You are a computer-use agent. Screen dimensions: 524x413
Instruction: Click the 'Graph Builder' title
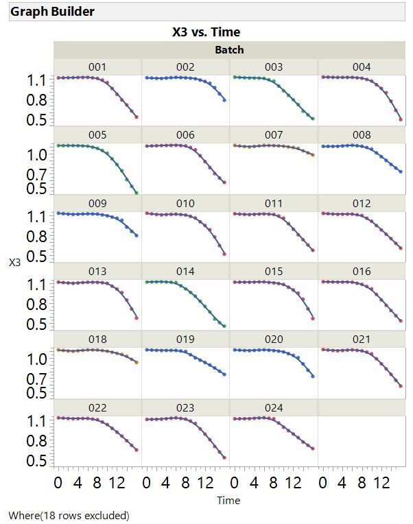tap(53, 12)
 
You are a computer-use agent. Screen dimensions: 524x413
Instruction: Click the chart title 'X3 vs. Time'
tap(206, 32)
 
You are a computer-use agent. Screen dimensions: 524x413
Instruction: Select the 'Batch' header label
tap(229, 49)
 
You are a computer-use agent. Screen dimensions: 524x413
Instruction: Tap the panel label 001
tap(97, 67)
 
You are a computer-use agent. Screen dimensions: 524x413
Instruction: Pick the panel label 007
tap(274, 135)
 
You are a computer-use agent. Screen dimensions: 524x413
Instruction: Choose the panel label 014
tap(185, 272)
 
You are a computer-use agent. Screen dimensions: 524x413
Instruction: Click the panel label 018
tap(97, 340)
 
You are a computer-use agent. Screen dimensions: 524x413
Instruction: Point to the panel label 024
tap(274, 408)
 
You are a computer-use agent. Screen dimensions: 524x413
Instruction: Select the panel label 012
tap(362, 204)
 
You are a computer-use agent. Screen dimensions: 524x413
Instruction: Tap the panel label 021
tap(362, 340)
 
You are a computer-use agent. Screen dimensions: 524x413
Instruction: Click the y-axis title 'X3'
tap(14, 262)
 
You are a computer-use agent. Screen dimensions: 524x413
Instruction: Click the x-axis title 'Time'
tap(228, 501)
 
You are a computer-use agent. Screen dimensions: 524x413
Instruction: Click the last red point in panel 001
tap(137, 117)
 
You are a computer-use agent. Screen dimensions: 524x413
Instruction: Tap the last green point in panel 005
tap(137, 193)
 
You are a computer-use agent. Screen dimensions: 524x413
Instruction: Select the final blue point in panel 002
tap(224, 100)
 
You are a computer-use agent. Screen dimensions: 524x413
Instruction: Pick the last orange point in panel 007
tap(313, 154)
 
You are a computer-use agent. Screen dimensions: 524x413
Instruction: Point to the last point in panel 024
tap(313, 449)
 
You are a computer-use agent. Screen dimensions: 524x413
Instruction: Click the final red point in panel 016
tap(401, 320)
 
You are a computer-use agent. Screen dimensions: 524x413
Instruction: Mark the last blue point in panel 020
tap(313, 376)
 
